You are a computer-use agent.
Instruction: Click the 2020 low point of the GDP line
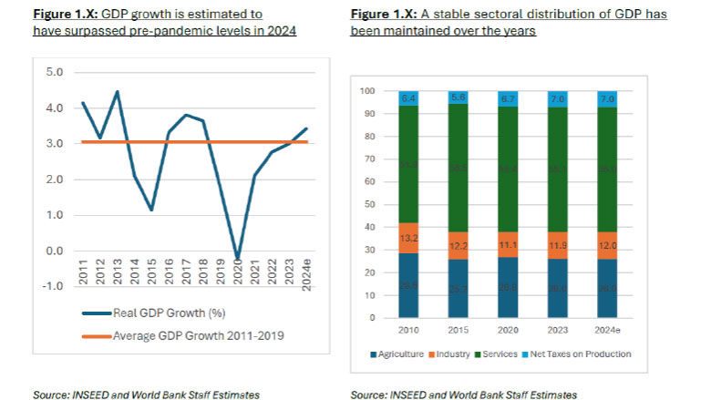click(237, 260)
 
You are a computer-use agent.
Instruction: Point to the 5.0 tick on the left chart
click(54, 71)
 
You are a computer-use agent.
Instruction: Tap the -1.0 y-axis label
click(52, 286)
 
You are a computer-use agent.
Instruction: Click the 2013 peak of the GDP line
click(118, 91)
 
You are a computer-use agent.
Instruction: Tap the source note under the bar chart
click(463, 394)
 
